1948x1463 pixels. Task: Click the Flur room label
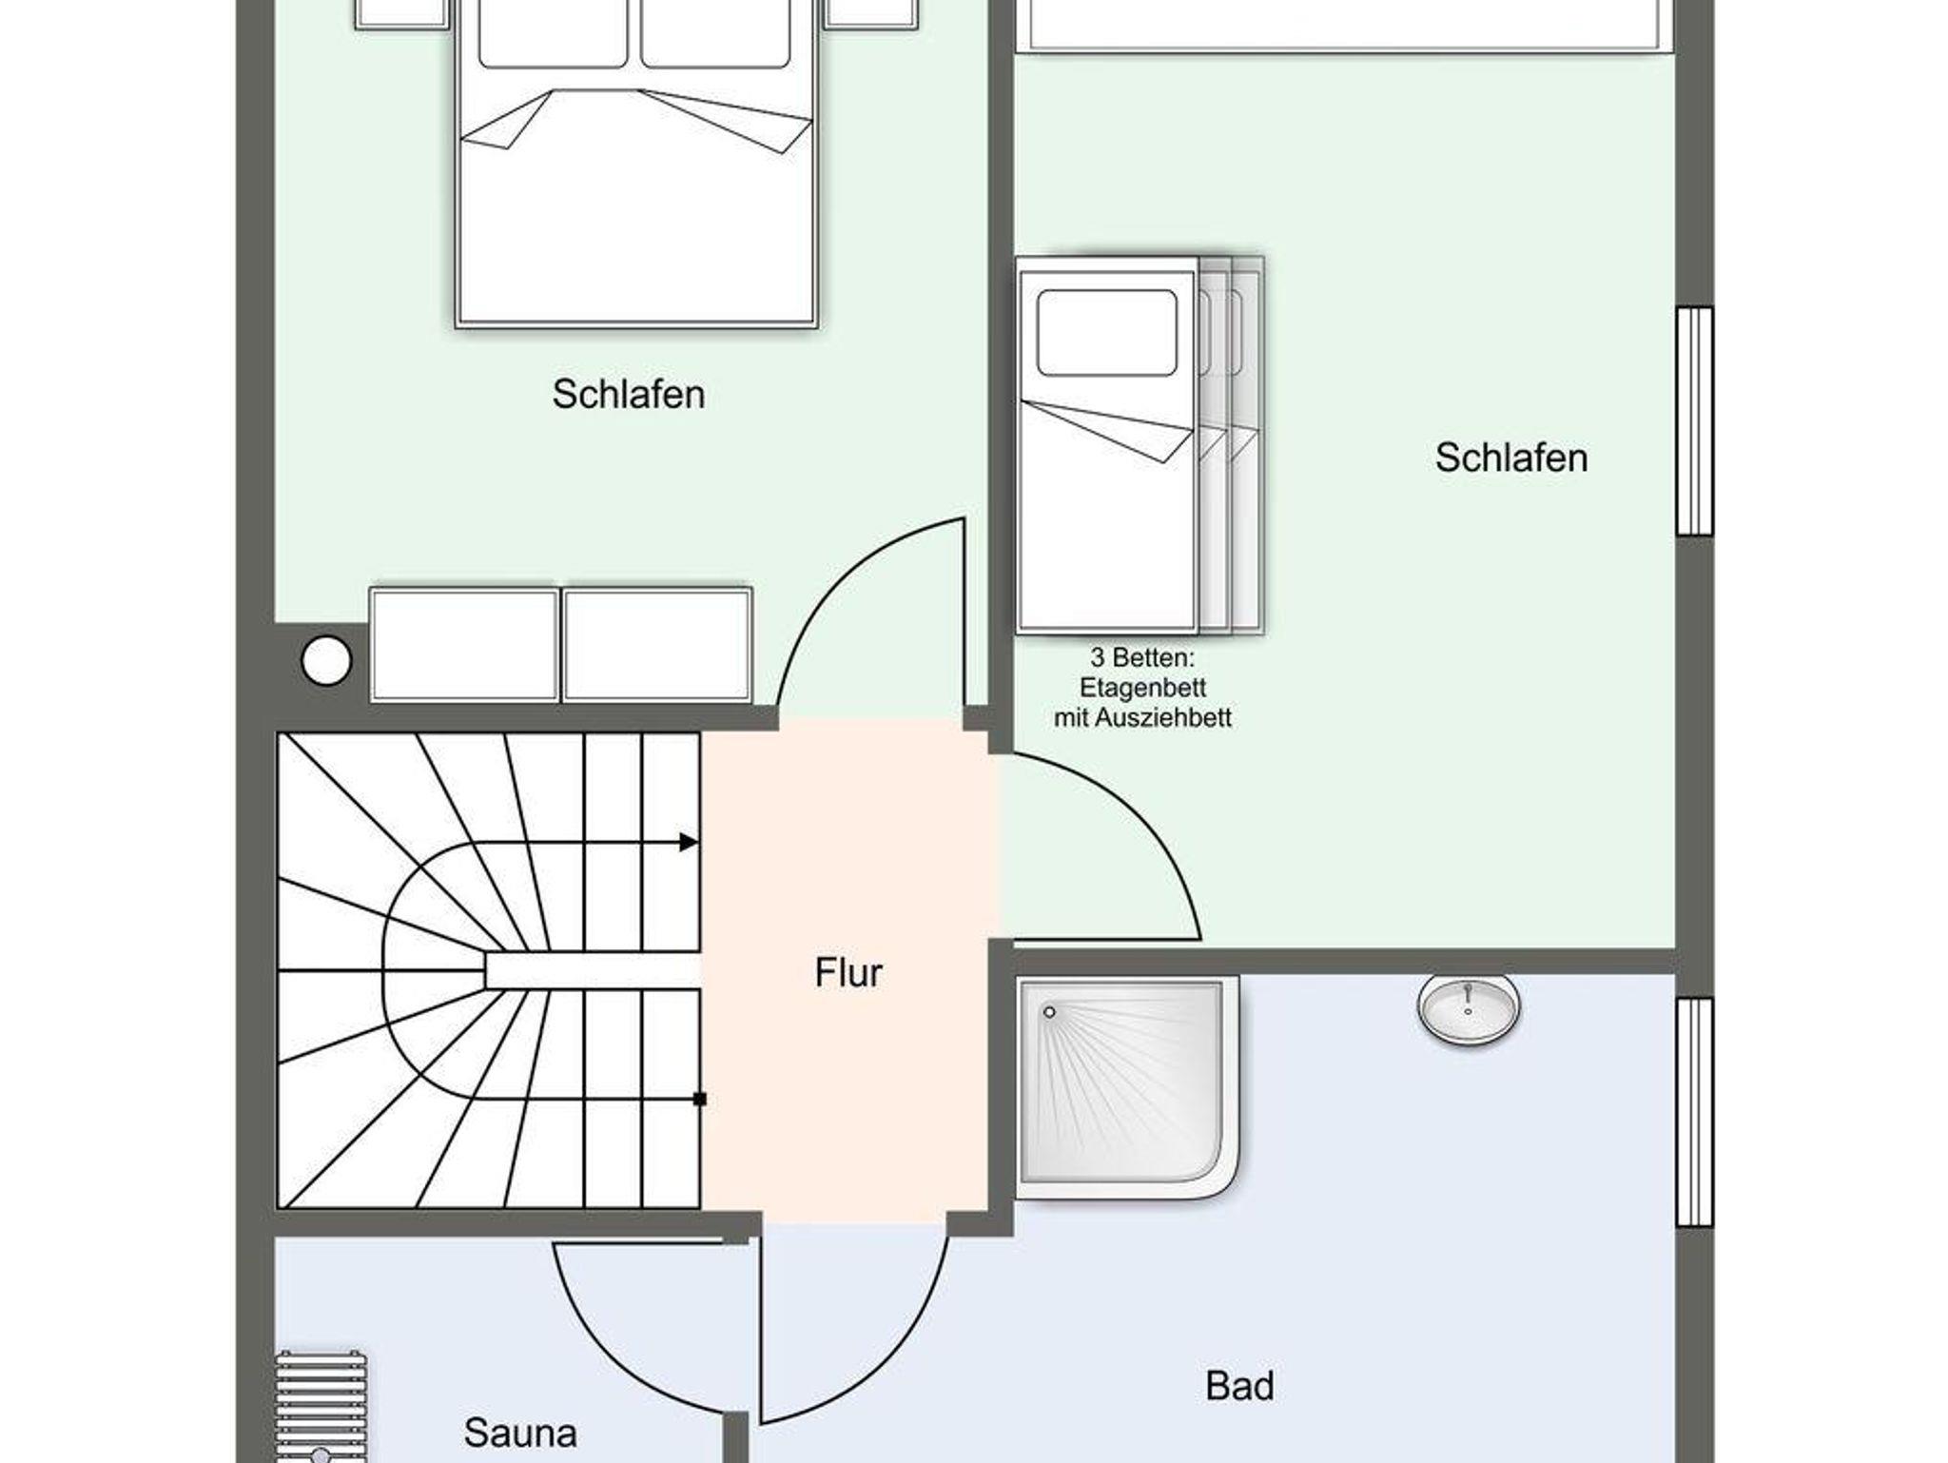point(848,972)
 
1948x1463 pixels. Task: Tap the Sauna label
point(520,1433)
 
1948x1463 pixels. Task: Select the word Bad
point(1239,1386)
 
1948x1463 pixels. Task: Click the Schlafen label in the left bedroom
point(629,394)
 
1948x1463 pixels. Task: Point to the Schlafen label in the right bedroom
point(1511,458)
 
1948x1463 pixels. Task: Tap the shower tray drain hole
point(1049,1012)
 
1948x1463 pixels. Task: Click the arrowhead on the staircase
point(689,842)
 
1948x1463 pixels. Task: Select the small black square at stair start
point(699,1100)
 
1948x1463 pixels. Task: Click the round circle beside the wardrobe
point(326,659)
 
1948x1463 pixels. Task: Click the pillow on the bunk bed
point(1107,333)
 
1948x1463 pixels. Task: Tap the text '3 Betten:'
point(1142,657)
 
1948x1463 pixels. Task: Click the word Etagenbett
point(1142,688)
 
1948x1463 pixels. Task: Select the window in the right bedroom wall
point(1694,420)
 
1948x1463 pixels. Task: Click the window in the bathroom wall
point(1694,1111)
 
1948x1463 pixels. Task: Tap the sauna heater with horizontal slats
point(321,1408)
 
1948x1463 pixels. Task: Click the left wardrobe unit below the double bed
point(464,645)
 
